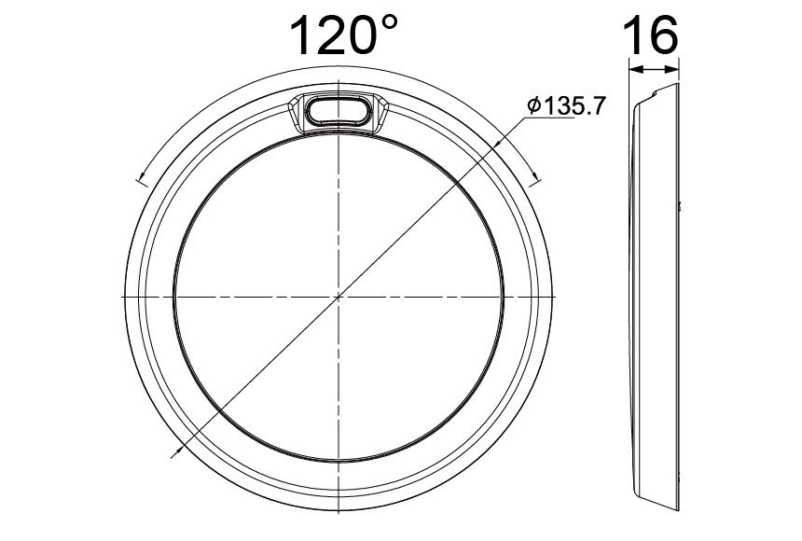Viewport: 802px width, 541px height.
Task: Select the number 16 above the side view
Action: click(x=650, y=35)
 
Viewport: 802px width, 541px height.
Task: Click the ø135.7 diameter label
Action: click(x=565, y=105)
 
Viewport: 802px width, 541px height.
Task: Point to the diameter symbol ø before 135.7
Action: click(x=534, y=106)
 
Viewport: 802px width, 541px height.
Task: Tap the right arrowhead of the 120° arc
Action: click(x=535, y=175)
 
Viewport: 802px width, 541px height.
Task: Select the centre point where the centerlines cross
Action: click(x=339, y=297)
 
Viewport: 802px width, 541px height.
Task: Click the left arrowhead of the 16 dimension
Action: click(x=633, y=68)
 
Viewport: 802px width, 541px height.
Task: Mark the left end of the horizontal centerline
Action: click(x=121, y=297)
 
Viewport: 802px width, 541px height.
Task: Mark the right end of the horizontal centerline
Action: click(x=558, y=297)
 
